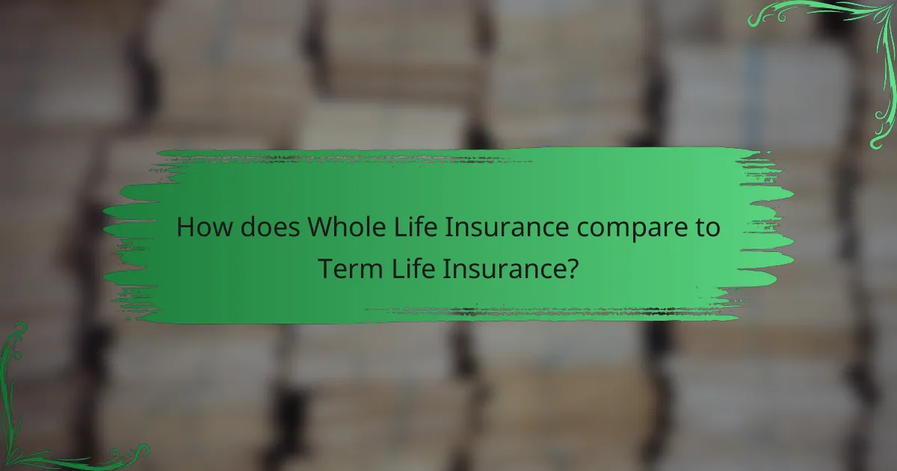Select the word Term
pyautogui.click(x=347, y=268)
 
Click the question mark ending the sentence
pyautogui.click(x=570, y=268)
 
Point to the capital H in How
pyautogui.click(x=185, y=227)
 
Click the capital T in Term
pyautogui.click(x=325, y=268)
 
